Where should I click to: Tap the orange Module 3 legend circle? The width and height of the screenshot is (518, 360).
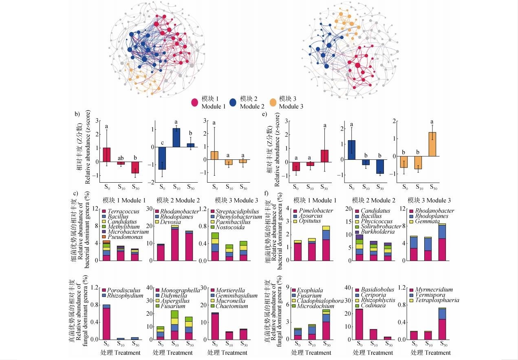click(x=273, y=102)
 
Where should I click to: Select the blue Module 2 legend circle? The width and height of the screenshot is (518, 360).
click(x=234, y=102)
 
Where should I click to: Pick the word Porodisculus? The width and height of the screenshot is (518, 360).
click(x=125, y=290)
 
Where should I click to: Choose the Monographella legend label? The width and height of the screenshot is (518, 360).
click(x=180, y=289)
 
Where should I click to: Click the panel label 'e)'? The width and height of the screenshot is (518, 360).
click(x=265, y=114)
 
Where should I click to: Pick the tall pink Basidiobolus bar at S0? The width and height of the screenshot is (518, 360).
click(x=359, y=324)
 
